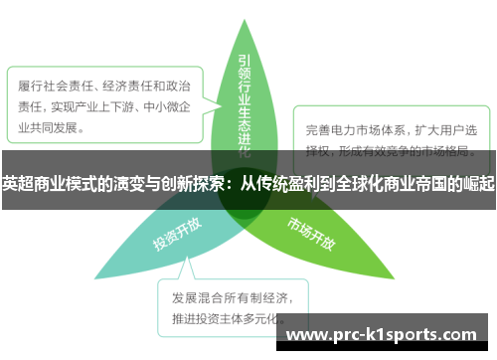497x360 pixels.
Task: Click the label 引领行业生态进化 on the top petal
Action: click(x=246, y=99)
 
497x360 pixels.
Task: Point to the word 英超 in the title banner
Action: click(x=17, y=183)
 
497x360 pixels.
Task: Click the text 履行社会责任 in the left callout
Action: click(x=56, y=87)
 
